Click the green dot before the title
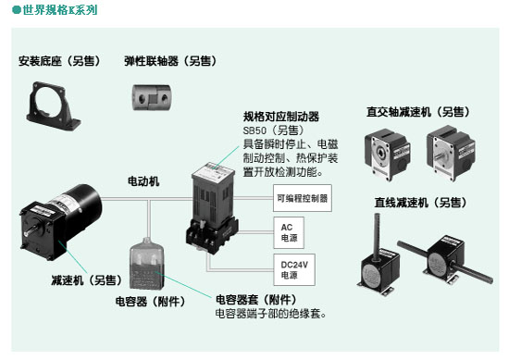[x=17, y=10]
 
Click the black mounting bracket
[x=52, y=106]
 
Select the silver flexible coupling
[x=152, y=97]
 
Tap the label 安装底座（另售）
[x=59, y=61]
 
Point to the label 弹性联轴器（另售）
[x=171, y=61]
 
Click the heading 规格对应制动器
[x=281, y=117]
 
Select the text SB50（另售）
[x=274, y=130]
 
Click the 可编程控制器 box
[x=303, y=198]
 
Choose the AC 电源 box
[x=289, y=232]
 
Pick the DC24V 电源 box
[x=294, y=269]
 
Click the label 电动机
[x=143, y=181]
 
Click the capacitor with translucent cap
[x=147, y=264]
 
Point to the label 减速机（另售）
[x=87, y=280]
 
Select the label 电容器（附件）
[x=151, y=302]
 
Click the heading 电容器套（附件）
[x=256, y=300]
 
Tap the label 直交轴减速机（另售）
[x=418, y=112]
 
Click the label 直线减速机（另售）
[x=421, y=203]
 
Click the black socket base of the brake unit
[x=212, y=236]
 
